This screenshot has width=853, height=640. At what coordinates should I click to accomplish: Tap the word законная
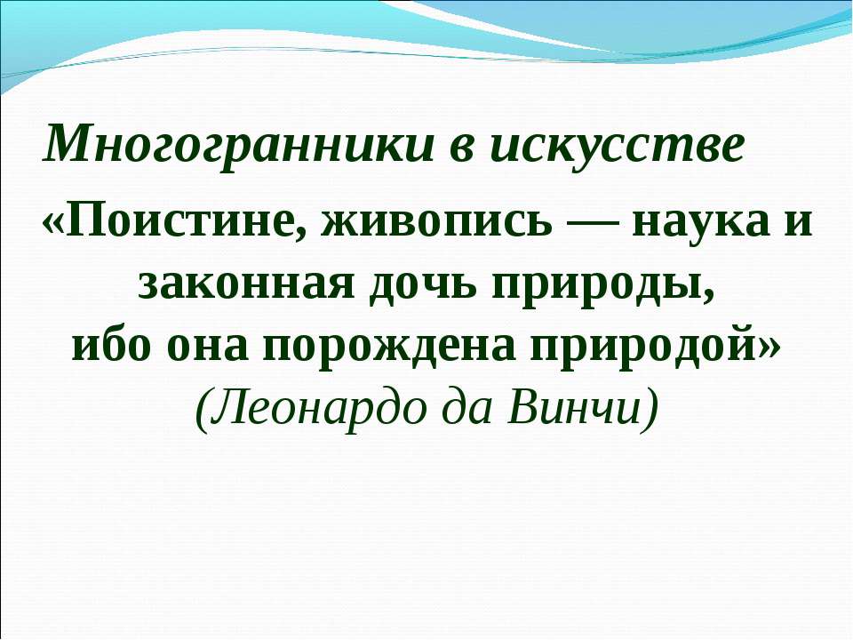click(x=235, y=282)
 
